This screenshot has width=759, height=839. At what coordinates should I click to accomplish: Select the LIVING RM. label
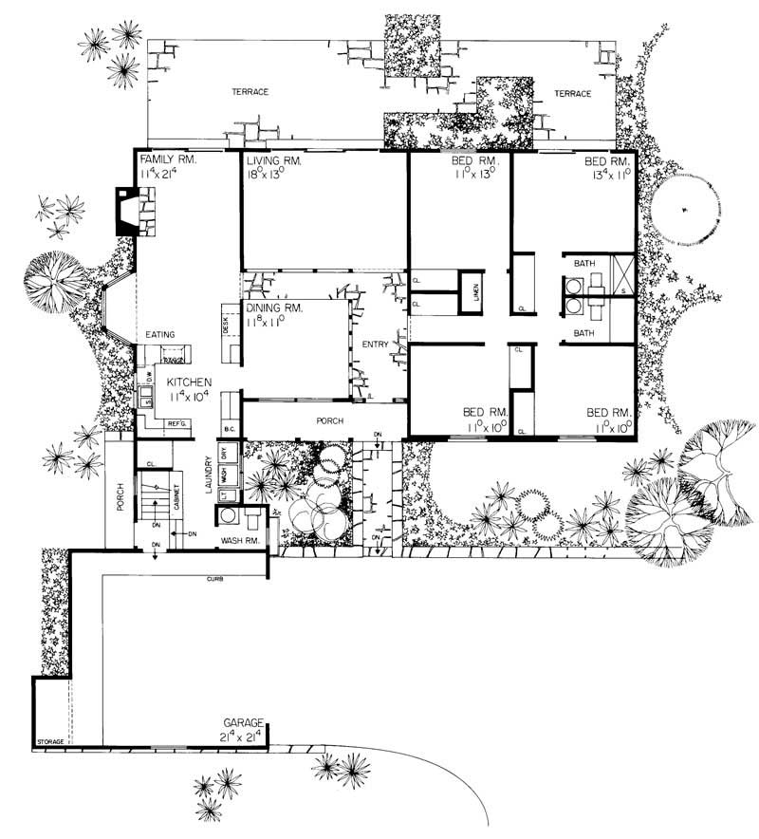[273, 162]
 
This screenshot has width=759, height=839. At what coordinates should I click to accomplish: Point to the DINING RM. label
[274, 308]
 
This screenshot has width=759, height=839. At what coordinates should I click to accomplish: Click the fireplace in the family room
[127, 211]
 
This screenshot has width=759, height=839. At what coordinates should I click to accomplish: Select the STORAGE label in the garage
[50, 740]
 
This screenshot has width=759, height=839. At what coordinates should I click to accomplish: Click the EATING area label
[160, 335]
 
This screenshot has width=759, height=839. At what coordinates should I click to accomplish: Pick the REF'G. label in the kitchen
[176, 423]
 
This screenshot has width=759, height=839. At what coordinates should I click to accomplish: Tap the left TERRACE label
[251, 92]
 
